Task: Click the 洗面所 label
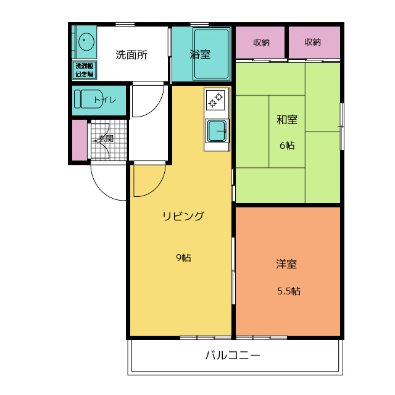(131, 54)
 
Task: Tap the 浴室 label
(200, 54)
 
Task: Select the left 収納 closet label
(261, 43)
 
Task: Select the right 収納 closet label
(313, 43)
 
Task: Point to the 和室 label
(286, 120)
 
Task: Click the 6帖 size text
(286, 146)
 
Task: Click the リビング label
(183, 216)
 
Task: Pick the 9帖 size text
(183, 257)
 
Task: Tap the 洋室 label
(286, 264)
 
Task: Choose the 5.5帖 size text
(288, 291)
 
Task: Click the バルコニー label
(233, 355)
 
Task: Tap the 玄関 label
(106, 139)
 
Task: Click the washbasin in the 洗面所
(85, 43)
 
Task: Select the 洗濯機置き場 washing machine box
(85, 70)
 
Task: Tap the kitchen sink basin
(216, 131)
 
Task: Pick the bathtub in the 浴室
(212, 54)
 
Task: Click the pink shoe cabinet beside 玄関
(80, 140)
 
